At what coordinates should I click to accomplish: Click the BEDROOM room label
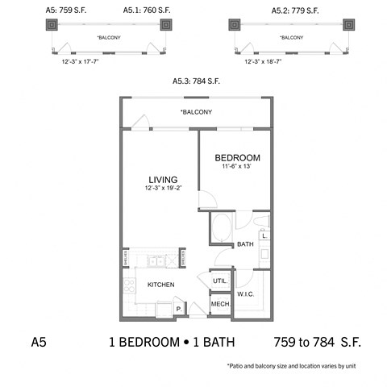click(x=237, y=157)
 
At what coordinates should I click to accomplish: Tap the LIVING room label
click(x=162, y=179)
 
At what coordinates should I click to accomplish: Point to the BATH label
click(x=245, y=244)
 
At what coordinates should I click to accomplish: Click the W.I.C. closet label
click(x=246, y=293)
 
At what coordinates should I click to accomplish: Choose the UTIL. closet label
click(x=219, y=281)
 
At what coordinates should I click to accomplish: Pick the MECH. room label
click(x=219, y=304)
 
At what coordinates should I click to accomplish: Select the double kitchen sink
click(x=156, y=260)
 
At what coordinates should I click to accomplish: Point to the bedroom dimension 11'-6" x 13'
click(x=237, y=166)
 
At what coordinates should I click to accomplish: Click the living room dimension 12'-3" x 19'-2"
click(x=162, y=188)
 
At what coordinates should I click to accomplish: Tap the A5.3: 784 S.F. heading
click(x=194, y=81)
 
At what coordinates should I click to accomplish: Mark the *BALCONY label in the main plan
click(x=196, y=111)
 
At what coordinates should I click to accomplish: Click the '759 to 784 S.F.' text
click(x=317, y=342)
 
